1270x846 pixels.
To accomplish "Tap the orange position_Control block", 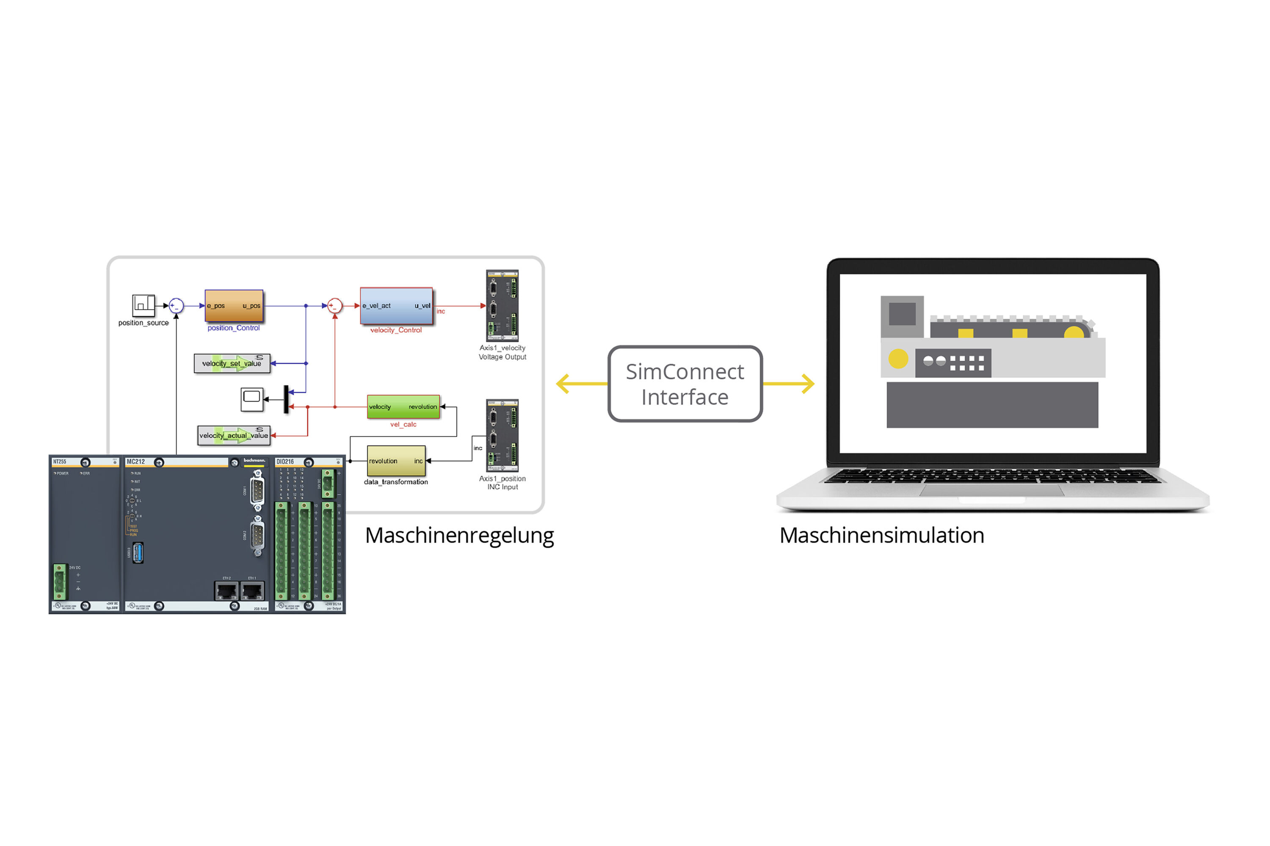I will click(234, 306).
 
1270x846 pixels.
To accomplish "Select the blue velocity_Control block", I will click(396, 305).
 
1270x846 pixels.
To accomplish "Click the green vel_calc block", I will click(403, 407).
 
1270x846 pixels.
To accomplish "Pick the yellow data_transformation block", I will click(396, 461).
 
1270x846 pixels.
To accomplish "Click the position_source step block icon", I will click(144, 305).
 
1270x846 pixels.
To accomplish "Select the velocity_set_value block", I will click(232, 363).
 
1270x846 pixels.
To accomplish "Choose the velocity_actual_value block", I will click(233, 435).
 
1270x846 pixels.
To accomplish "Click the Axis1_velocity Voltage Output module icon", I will click(502, 305).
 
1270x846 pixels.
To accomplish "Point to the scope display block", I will click(251, 399).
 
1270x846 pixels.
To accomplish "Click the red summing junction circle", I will click(335, 306).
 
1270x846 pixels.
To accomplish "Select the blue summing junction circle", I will click(176, 306).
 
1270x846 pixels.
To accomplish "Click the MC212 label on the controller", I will click(135, 462).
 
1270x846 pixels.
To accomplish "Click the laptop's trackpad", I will click(991, 490).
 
